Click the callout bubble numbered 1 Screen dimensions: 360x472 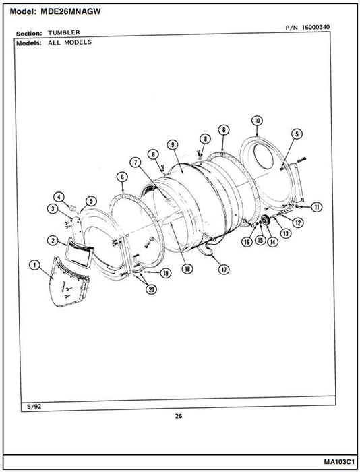point(34,265)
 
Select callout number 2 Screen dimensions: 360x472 point(53,240)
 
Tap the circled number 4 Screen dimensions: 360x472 point(59,197)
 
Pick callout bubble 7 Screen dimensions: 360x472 point(136,163)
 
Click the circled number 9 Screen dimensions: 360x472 point(173,145)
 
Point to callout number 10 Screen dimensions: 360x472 point(257,121)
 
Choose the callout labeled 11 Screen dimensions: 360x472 point(316,207)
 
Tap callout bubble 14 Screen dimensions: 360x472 point(272,241)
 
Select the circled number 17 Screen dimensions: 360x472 point(224,269)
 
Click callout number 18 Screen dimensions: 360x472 point(187,268)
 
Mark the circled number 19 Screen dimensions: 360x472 point(166,273)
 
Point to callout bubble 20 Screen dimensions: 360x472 point(152,289)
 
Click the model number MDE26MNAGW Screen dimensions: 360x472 point(70,11)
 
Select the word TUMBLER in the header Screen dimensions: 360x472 point(64,32)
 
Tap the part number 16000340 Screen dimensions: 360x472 point(316,27)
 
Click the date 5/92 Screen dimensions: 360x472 point(34,407)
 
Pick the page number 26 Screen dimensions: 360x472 point(179,416)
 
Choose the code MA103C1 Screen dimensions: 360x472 point(339,461)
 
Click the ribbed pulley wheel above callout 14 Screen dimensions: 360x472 point(266,220)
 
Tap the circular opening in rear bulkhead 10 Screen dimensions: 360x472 point(264,156)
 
